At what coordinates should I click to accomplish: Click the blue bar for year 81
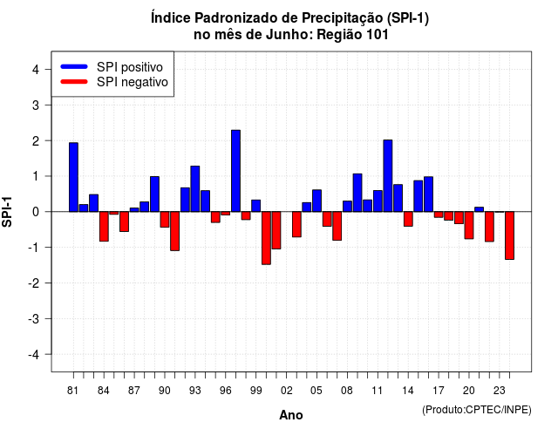point(73,177)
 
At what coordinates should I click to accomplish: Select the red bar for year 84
point(104,227)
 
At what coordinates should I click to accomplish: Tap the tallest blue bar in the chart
point(235,171)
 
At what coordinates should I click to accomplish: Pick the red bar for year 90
point(165,219)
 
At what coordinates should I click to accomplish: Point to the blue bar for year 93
point(195,188)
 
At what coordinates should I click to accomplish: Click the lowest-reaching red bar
point(266,238)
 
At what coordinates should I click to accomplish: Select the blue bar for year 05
point(316,201)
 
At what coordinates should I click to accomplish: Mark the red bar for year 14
point(408,219)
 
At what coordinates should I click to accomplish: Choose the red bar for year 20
point(469,225)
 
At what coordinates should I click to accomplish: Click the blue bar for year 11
point(378,201)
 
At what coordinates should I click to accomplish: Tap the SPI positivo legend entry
point(112,67)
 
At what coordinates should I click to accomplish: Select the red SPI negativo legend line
point(74,82)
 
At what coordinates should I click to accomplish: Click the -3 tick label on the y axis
point(34,318)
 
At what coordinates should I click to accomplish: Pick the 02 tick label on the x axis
point(287,391)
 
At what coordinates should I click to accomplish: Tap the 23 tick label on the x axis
point(500,391)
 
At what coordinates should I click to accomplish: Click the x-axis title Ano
point(291,415)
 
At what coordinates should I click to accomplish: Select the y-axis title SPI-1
point(7,212)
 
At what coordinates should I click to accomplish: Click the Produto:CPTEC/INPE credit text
point(477,410)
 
